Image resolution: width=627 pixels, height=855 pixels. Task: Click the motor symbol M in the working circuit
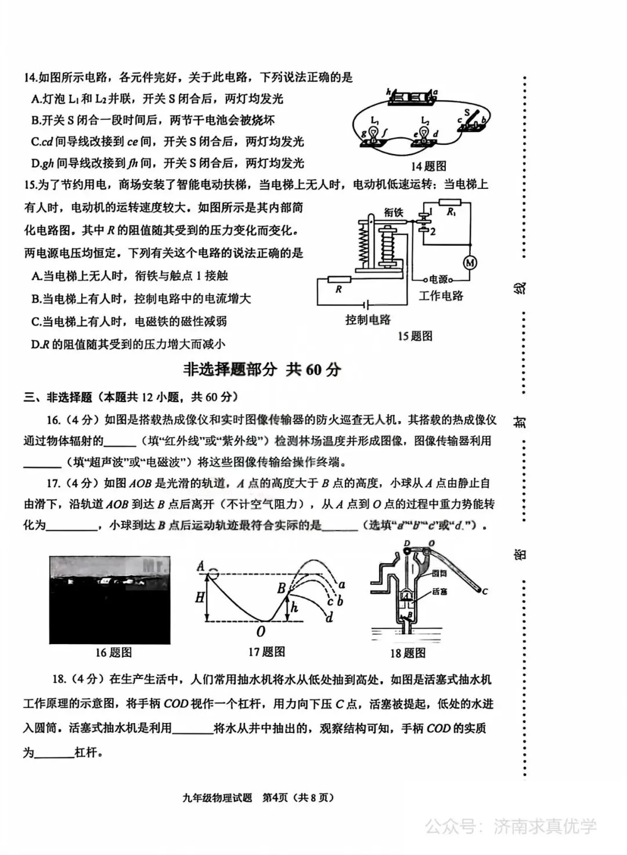470,263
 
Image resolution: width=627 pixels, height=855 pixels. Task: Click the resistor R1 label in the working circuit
451,212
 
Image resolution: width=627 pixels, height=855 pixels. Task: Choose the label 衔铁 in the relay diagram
393,213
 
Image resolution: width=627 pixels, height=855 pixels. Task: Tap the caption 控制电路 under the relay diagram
368,320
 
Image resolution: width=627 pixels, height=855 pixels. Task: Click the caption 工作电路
441,296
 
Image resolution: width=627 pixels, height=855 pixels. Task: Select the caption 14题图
428,166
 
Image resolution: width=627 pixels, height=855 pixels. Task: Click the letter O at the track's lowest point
261,631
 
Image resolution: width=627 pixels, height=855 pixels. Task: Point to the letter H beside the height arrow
200,597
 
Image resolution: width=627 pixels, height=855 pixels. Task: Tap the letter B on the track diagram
282,588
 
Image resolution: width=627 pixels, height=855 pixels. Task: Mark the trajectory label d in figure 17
329,617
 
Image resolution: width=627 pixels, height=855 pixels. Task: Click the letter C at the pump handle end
484,591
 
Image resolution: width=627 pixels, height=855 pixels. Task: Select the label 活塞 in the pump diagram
439,591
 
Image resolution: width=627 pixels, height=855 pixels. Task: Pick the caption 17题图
266,652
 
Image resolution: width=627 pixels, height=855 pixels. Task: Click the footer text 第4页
276,797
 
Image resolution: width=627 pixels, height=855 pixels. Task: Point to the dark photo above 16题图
110,599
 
